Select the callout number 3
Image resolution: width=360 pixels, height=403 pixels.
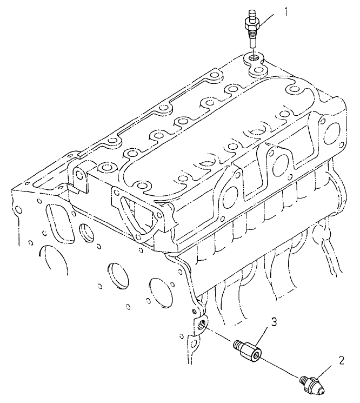274,323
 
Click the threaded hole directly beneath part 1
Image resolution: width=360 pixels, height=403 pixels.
252,56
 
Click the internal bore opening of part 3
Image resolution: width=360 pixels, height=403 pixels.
256,355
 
